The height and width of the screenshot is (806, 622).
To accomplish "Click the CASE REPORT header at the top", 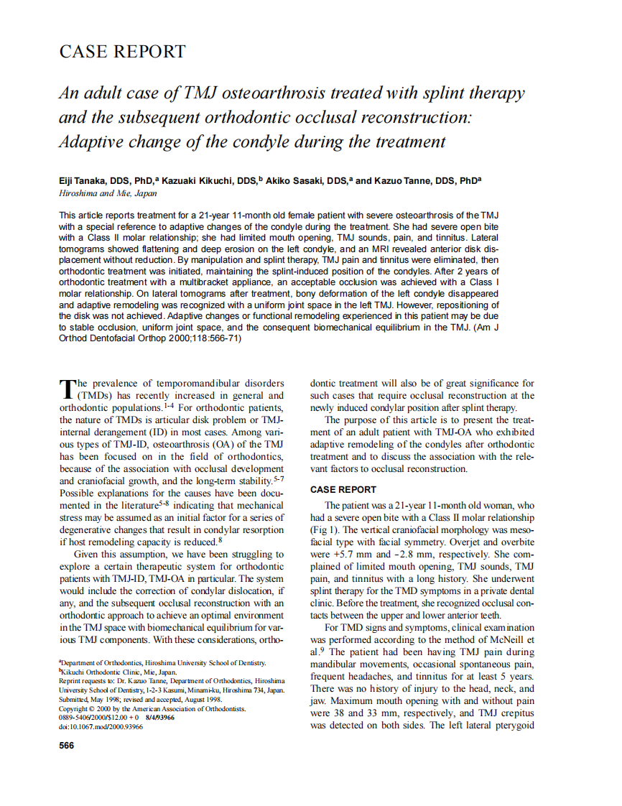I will tap(122, 52).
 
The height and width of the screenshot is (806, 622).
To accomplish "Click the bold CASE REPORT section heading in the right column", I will tap(343, 489).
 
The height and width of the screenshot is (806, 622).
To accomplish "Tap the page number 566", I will tap(66, 745).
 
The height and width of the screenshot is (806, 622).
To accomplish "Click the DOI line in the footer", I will tap(101, 726).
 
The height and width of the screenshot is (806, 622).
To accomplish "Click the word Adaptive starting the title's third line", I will tap(90, 141).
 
